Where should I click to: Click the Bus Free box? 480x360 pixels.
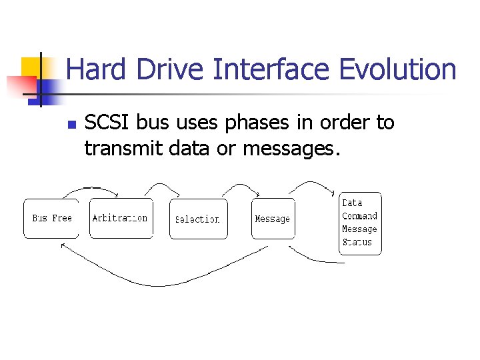[51, 218]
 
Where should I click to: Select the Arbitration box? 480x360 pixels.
[121, 218]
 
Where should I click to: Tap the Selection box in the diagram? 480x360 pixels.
[198, 219]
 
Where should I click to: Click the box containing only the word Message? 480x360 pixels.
[273, 219]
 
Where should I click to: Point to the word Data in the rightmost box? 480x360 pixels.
[352, 203]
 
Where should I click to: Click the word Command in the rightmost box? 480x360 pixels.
[359, 216]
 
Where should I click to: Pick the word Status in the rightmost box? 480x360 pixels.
[357, 242]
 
